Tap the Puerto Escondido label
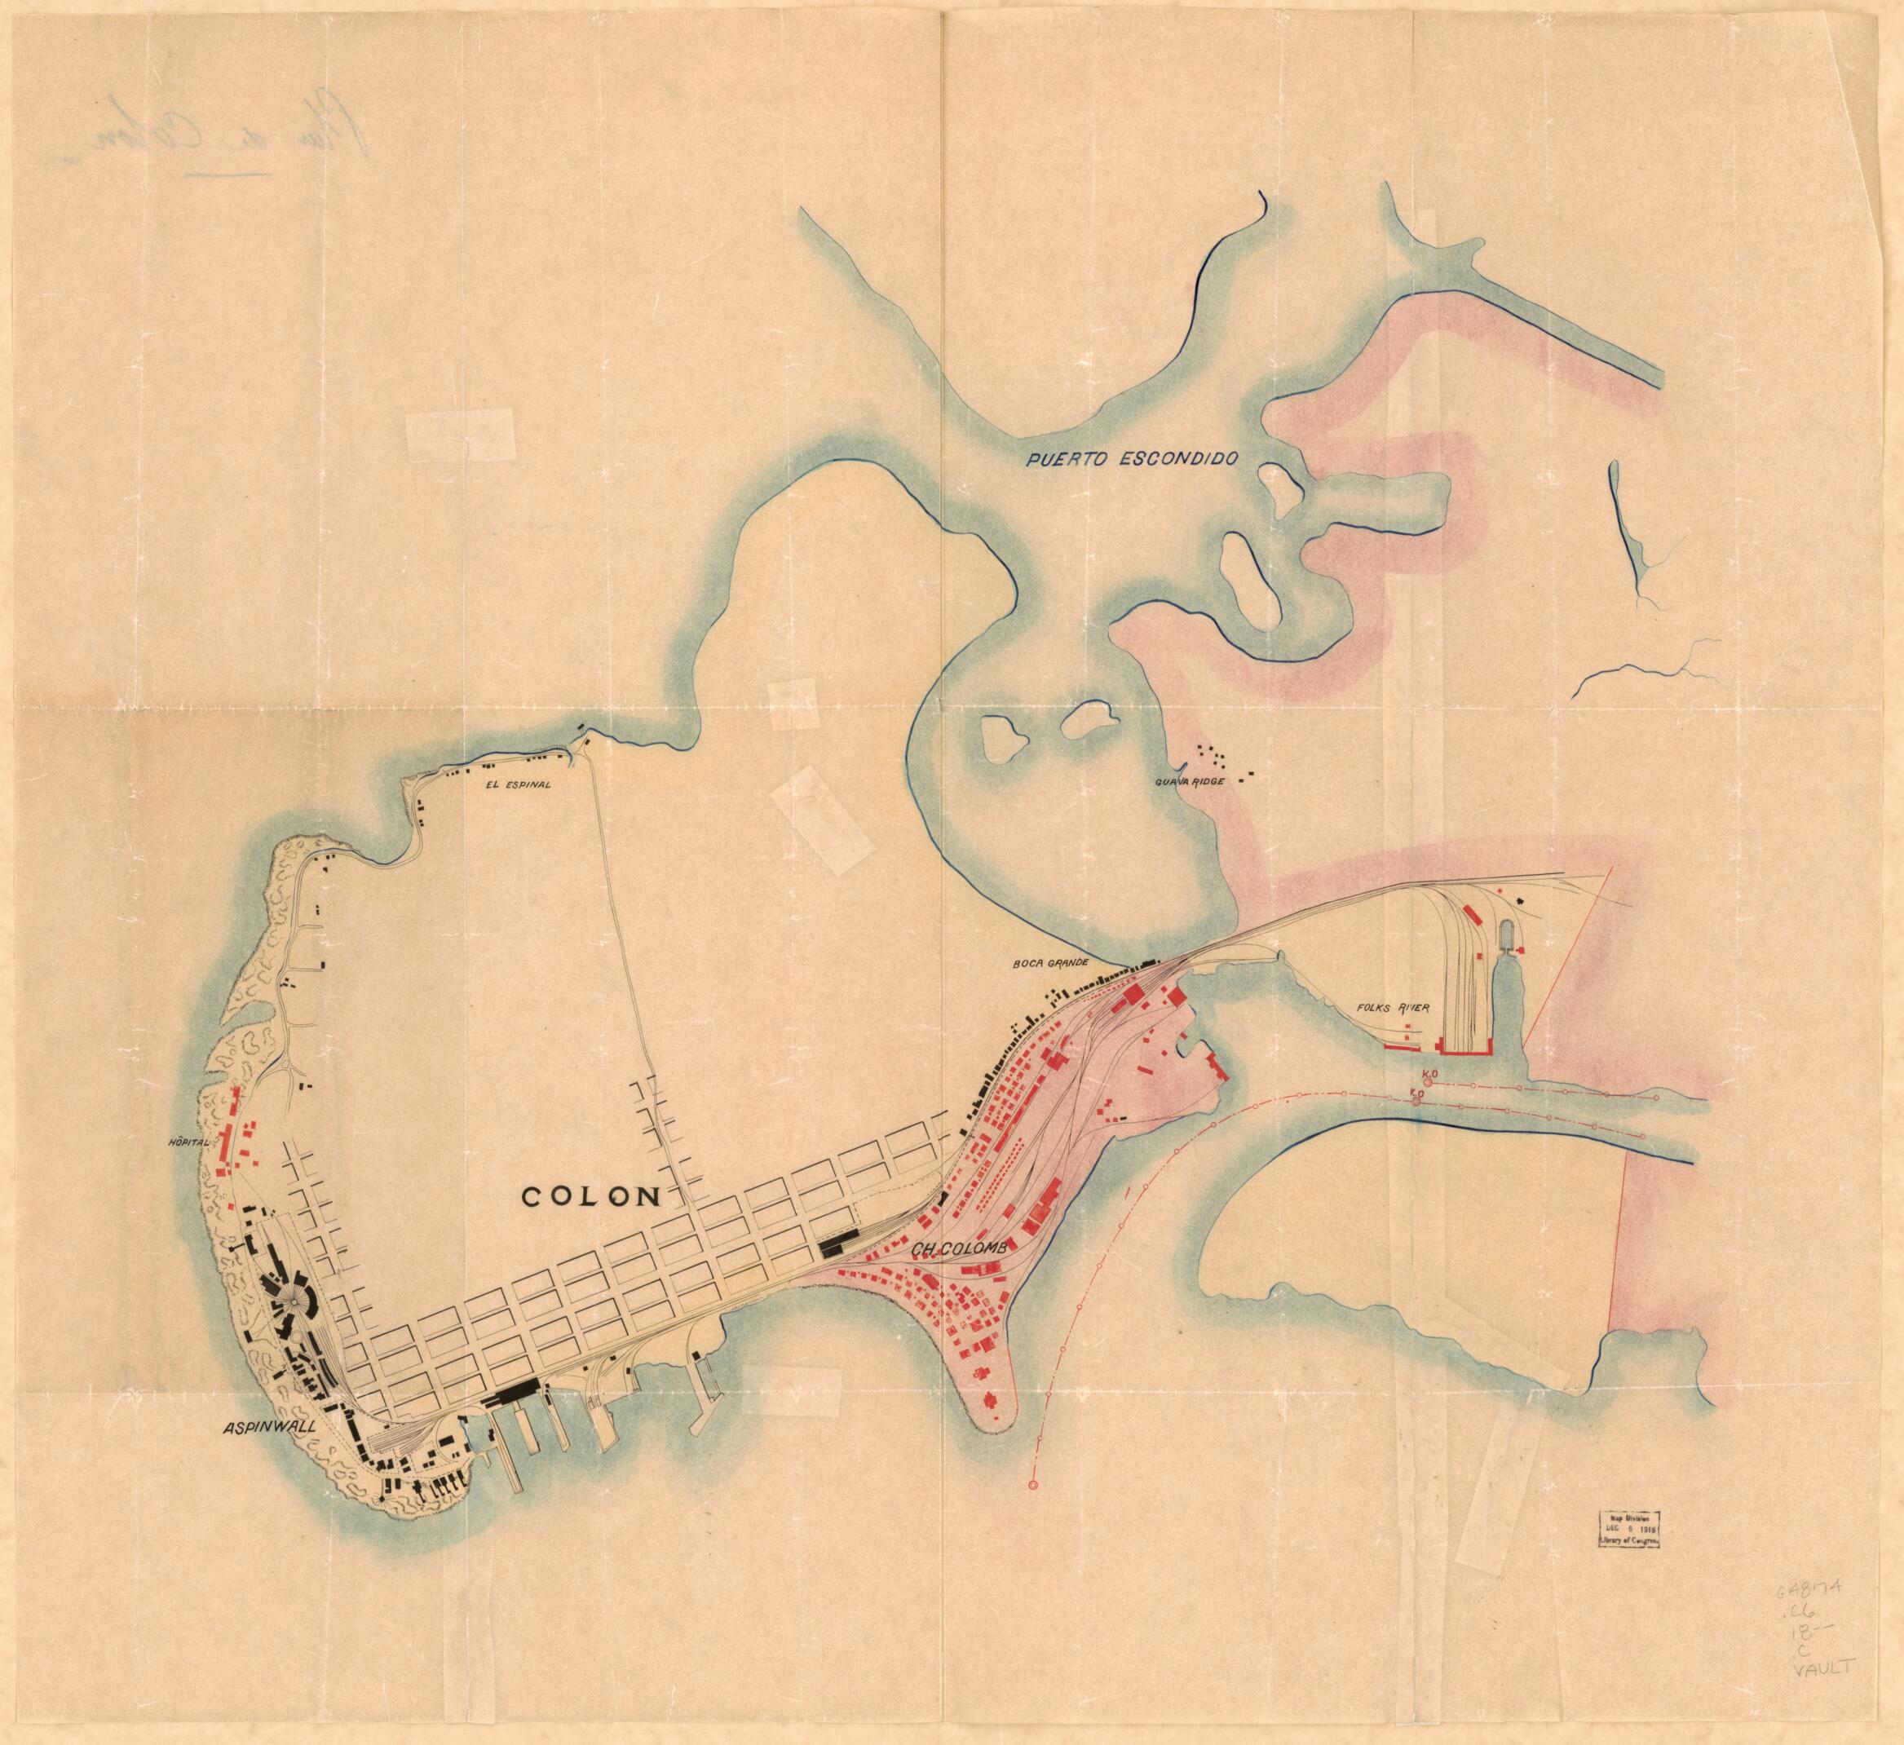click(1133, 461)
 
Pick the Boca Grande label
click(1049, 963)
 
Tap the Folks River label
click(1393, 1008)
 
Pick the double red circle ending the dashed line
click(1032, 1486)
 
